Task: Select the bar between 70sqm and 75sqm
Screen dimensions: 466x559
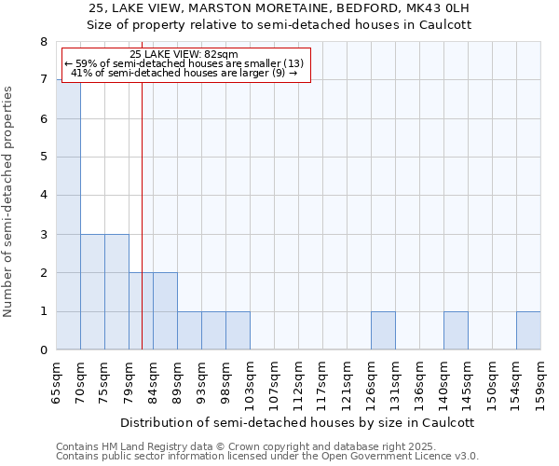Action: pos(92,292)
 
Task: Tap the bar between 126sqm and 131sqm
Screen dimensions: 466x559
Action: pos(383,331)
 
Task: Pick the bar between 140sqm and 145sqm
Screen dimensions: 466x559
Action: pos(456,331)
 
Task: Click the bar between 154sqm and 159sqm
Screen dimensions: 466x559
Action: pos(528,331)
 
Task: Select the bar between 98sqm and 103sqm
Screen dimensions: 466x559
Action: pos(238,331)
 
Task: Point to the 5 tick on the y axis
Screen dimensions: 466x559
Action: pos(43,158)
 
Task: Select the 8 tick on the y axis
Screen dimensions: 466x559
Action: pos(43,42)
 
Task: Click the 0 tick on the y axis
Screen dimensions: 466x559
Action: pos(43,350)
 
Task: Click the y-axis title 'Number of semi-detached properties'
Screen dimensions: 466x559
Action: pos(10,201)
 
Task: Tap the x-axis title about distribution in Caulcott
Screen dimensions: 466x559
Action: pos(298,422)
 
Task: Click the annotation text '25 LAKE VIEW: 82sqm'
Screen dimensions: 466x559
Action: pos(184,54)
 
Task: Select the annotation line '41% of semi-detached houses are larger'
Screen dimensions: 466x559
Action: pos(184,73)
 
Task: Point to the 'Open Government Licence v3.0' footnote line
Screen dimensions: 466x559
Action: pos(267,457)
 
